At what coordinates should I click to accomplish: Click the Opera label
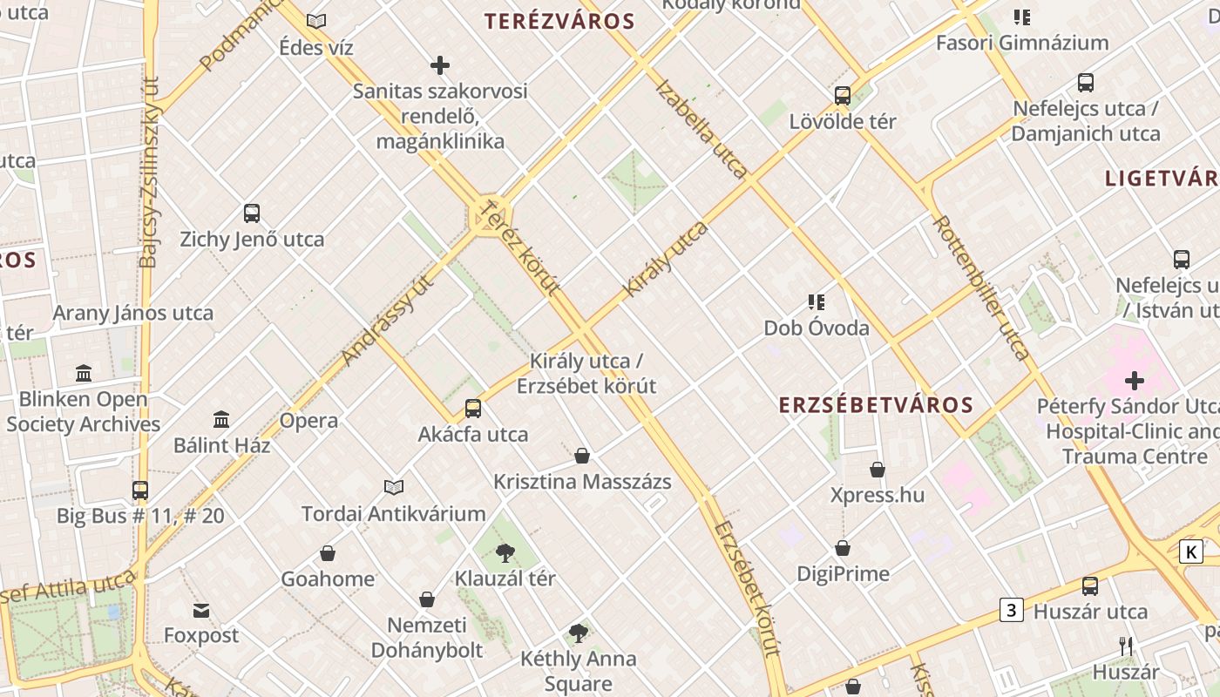coord(308,421)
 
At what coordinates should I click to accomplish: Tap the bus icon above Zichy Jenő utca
coord(252,213)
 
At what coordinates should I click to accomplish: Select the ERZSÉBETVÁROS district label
coord(876,405)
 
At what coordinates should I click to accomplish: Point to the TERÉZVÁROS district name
coord(559,22)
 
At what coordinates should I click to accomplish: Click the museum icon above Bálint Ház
coord(221,419)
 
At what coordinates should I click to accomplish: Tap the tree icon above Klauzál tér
coord(505,552)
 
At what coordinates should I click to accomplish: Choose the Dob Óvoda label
coord(817,328)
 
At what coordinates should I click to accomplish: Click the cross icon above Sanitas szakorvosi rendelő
coord(440,65)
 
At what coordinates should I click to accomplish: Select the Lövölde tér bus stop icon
coord(842,96)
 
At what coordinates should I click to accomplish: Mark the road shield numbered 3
coord(1011,610)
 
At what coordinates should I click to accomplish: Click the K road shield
coord(1190,551)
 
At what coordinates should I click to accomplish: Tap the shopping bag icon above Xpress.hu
coord(878,470)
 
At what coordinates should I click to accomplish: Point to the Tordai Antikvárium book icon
coord(394,488)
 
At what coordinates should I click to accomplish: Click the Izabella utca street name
coord(700,129)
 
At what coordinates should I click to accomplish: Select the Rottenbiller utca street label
coord(982,288)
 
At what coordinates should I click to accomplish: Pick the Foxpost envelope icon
coord(201,610)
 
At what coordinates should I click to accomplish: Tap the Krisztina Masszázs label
coord(582,482)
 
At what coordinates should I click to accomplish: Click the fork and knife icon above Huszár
coord(1126,646)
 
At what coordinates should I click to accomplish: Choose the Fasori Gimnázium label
coord(1022,43)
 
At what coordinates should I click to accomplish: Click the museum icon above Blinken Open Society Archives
coord(84,374)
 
